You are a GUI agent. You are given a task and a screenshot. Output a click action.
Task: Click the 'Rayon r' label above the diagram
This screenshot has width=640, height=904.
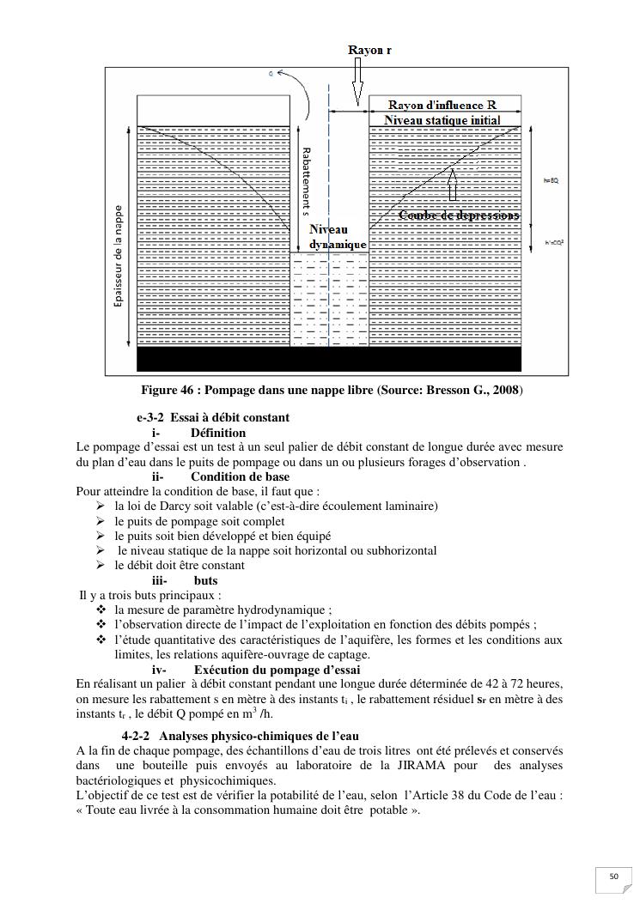(x=369, y=50)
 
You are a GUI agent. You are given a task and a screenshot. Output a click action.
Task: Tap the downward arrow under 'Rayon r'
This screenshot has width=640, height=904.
(x=357, y=85)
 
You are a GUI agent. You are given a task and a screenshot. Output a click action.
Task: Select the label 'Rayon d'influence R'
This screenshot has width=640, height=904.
(x=439, y=105)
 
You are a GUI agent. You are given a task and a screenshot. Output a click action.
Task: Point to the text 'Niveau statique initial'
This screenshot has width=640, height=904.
(x=442, y=120)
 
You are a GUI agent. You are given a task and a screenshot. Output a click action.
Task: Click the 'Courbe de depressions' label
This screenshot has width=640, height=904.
(x=459, y=215)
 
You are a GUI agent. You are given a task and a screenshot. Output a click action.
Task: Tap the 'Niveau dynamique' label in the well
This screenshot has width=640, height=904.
(x=338, y=237)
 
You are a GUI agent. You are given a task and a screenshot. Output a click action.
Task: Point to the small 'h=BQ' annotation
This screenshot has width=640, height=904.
(x=552, y=181)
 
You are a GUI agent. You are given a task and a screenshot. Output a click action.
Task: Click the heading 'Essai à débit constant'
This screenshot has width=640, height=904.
(x=229, y=417)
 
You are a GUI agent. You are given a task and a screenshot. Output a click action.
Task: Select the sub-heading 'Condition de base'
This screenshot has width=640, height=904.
(x=240, y=476)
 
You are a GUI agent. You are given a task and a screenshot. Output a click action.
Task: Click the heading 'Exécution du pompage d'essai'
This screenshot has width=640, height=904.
(x=277, y=670)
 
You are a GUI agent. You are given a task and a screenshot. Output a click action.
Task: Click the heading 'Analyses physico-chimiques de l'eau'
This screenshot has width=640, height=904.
(x=259, y=736)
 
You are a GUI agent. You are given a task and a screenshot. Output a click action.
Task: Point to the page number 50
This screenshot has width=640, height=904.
(x=613, y=876)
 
